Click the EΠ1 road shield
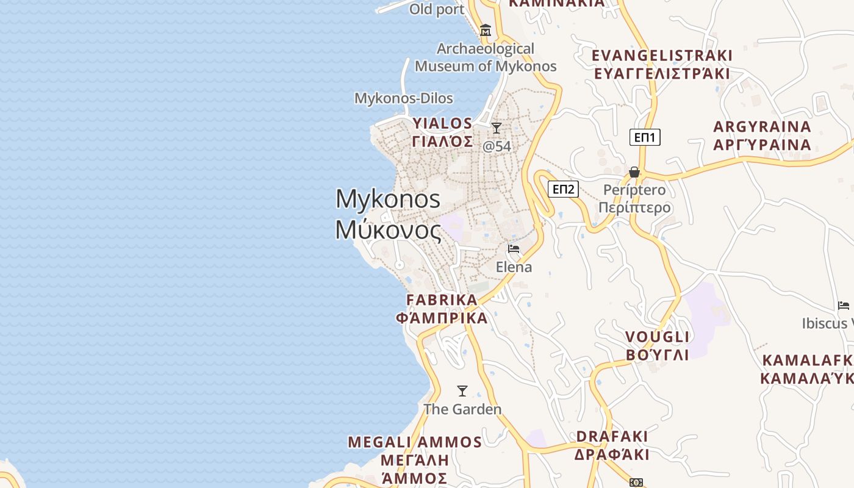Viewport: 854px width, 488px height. pos(645,137)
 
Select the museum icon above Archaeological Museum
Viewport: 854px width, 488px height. pos(486,30)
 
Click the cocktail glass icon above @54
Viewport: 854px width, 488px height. pos(497,128)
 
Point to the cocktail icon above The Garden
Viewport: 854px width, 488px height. pos(462,391)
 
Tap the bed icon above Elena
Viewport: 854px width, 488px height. pos(514,249)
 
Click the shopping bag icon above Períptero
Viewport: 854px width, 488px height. pos(634,172)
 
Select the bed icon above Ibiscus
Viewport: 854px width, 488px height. pos(844,305)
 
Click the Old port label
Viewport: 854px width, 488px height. pos(437,9)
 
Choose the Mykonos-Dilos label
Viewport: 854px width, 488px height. pos(404,98)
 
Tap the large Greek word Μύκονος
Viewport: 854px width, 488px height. pos(388,230)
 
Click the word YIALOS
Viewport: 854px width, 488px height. pos(442,124)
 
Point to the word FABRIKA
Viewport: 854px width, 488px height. pos(442,300)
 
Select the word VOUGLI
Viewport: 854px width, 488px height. pos(658,337)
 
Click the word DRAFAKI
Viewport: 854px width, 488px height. pos(612,437)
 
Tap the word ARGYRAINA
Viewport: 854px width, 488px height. pos(762,127)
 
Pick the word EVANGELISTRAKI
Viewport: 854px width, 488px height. pos(662,56)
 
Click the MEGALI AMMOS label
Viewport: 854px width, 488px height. pos(415,442)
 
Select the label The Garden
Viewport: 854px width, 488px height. pos(462,409)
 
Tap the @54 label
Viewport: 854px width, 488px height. pos(497,146)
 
